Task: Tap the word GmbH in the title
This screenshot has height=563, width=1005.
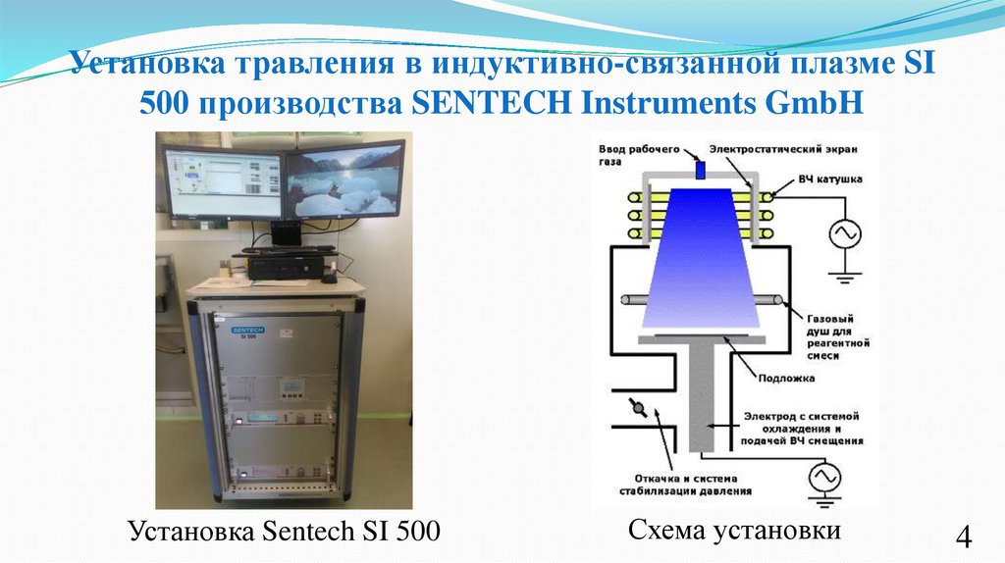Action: (821, 103)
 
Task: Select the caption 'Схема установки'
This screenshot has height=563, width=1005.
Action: (735, 531)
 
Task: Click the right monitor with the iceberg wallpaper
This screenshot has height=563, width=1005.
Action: (344, 180)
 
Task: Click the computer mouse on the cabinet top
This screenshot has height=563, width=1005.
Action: (328, 279)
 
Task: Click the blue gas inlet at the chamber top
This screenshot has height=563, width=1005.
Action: (701, 171)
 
